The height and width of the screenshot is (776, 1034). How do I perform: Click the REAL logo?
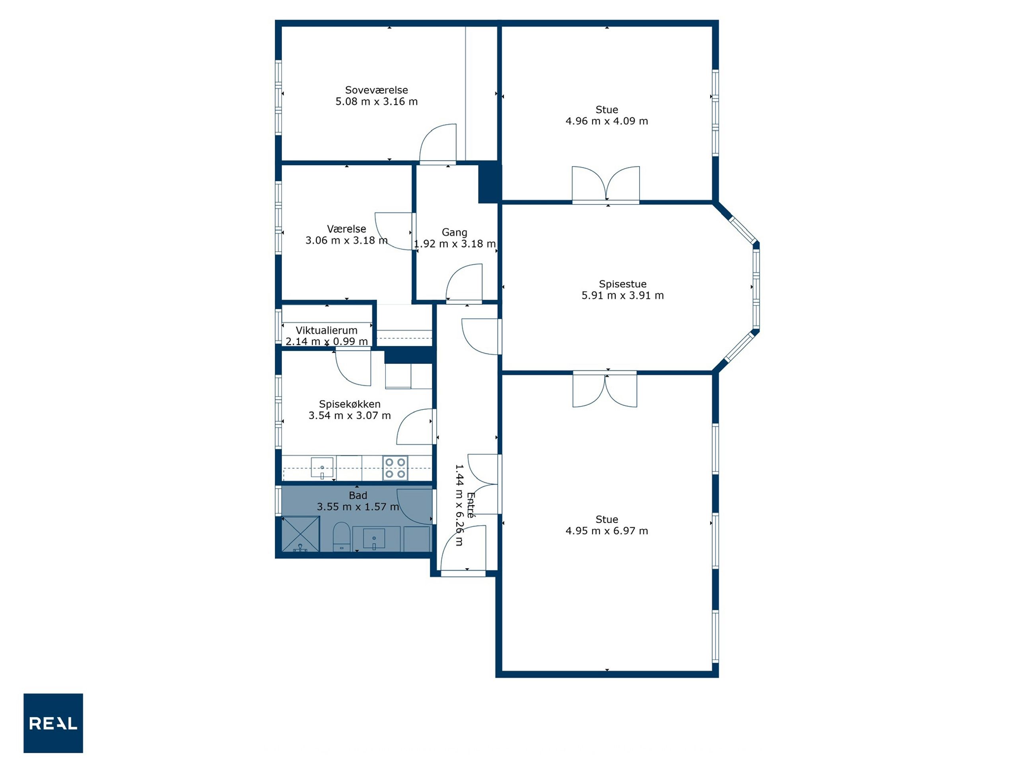click(53, 723)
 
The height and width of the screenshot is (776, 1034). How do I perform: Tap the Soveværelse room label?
click(376, 90)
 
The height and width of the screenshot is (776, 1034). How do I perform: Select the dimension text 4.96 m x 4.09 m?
click(607, 121)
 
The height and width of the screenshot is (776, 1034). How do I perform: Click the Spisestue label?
click(623, 284)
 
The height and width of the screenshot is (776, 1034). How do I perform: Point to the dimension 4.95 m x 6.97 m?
click(607, 531)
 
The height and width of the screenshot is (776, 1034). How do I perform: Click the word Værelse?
click(346, 229)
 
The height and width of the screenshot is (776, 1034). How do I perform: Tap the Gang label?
click(454, 232)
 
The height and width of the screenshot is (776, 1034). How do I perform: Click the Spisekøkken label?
click(350, 404)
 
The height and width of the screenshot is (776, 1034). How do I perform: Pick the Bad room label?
click(358, 495)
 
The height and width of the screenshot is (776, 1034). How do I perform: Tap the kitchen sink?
click(322, 468)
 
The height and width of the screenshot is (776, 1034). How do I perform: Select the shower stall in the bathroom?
click(301, 534)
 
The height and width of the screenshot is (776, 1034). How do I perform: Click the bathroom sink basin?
click(374, 539)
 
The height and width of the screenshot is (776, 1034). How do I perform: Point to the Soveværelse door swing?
click(438, 142)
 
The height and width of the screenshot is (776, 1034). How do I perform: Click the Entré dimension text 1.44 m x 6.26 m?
click(459, 505)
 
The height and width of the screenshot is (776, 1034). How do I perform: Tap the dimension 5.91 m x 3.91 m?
click(623, 296)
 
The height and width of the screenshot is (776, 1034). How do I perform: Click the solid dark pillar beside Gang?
click(490, 182)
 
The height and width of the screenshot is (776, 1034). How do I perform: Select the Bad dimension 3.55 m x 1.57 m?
click(358, 507)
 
